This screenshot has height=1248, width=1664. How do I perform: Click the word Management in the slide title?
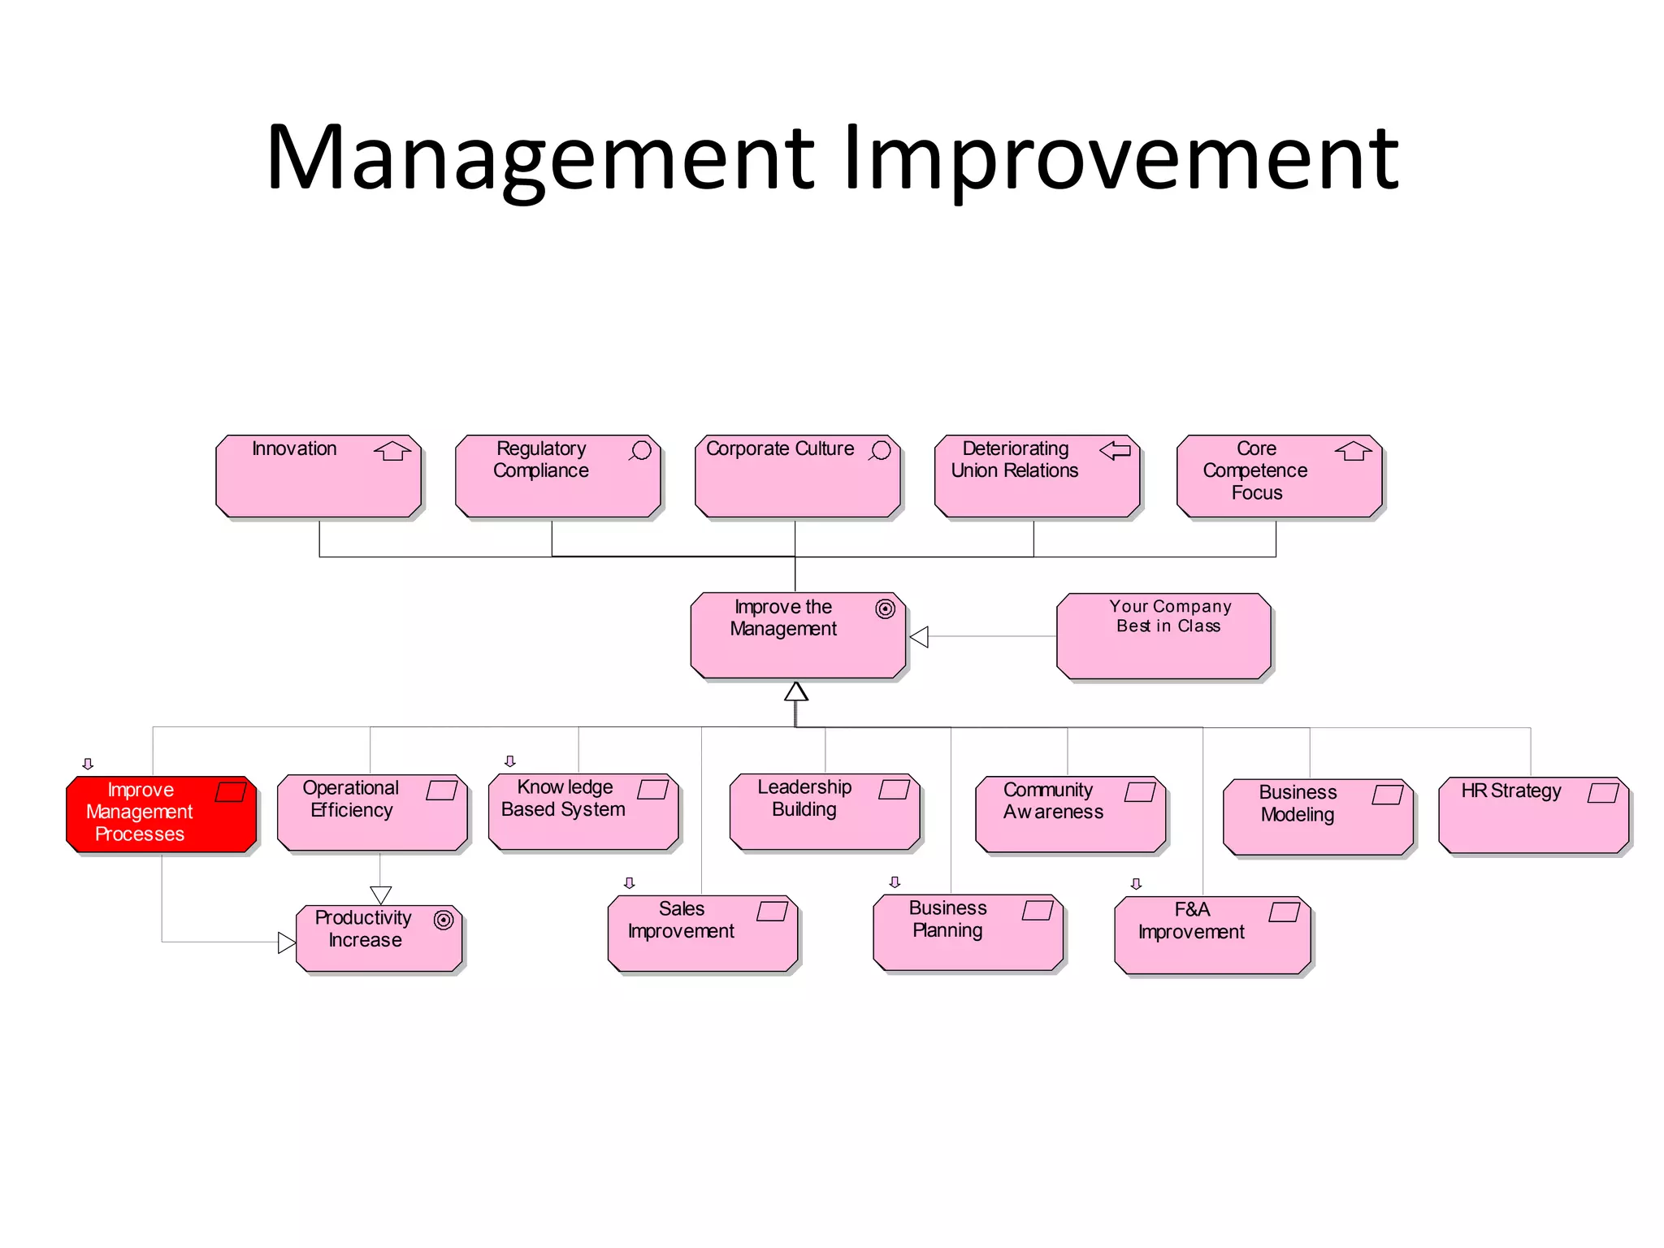(x=540, y=158)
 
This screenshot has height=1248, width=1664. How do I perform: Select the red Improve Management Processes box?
(x=161, y=814)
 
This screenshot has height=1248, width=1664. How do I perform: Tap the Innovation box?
(x=318, y=477)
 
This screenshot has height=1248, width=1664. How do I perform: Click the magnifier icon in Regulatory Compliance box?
(x=641, y=451)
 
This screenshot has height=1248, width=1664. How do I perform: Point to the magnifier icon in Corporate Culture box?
(x=881, y=451)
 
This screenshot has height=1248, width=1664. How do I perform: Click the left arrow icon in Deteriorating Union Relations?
(x=1115, y=450)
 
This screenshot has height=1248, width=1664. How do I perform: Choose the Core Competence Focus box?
(x=1279, y=477)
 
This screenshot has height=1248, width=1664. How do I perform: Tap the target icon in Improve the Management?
(x=885, y=609)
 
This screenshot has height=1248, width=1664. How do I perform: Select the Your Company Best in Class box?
(x=1163, y=636)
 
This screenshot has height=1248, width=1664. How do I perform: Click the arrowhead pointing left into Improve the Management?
(x=919, y=637)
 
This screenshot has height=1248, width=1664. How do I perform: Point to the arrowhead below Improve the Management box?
(x=796, y=691)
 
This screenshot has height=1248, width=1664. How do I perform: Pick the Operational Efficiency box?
(x=372, y=812)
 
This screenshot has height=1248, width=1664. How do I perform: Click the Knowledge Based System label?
(x=563, y=798)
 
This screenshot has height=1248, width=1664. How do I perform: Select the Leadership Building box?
(x=825, y=812)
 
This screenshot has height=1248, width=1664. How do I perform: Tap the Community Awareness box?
(x=1070, y=814)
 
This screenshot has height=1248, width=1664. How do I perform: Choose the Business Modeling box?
(x=1318, y=817)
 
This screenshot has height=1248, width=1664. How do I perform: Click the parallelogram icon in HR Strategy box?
(x=1603, y=793)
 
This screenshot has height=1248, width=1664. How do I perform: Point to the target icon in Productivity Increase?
(x=444, y=920)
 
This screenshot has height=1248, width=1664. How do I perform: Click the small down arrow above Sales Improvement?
(x=629, y=883)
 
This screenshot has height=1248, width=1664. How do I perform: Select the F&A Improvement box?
(x=1212, y=934)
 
